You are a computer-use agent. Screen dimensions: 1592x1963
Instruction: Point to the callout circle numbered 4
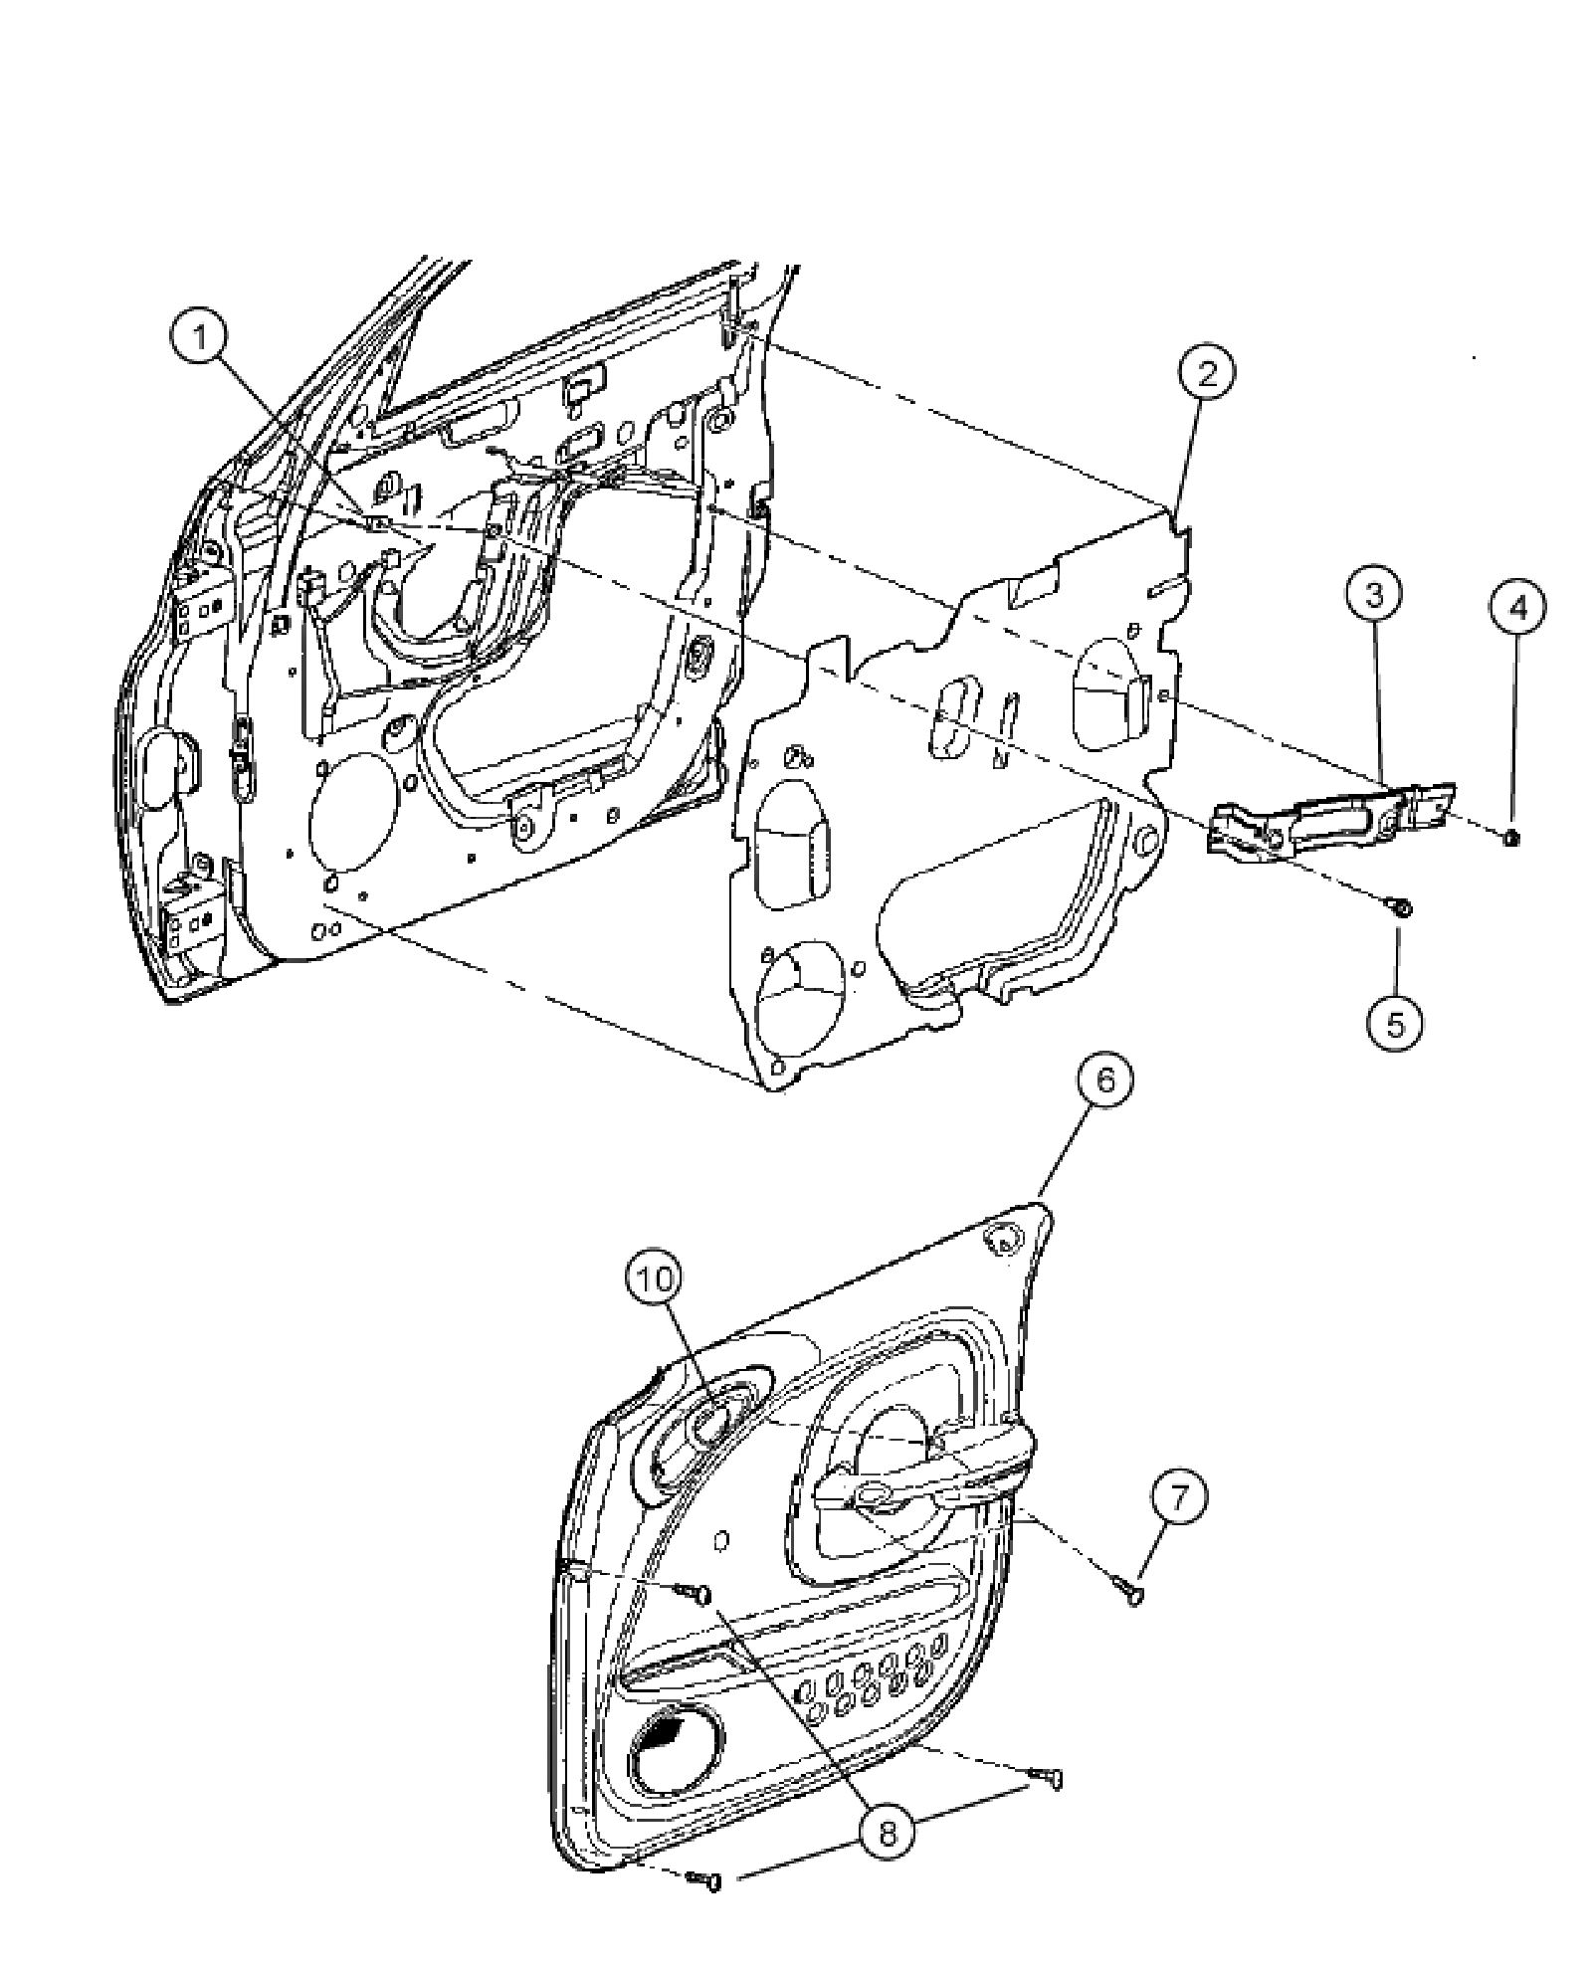click(x=1516, y=607)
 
